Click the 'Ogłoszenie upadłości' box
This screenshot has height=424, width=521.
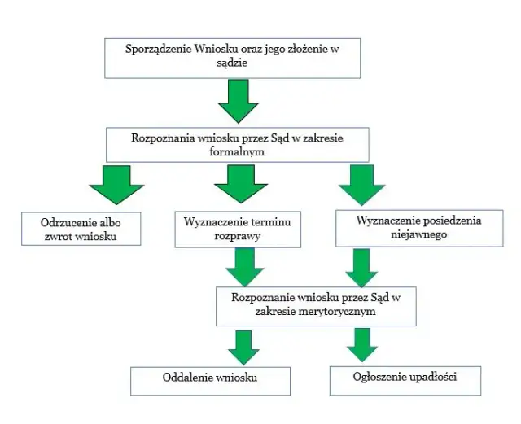[x=405, y=378]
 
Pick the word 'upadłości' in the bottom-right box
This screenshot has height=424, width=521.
[x=431, y=378]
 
